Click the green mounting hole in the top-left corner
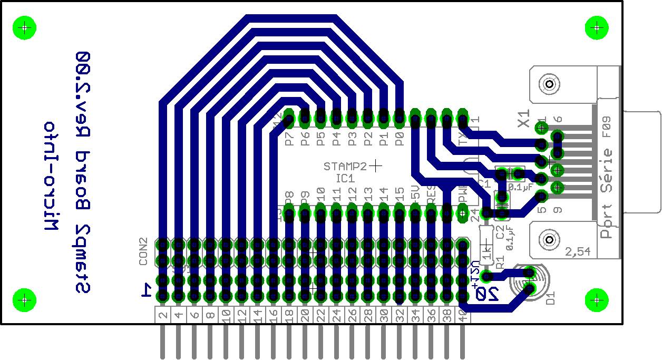point(24,27)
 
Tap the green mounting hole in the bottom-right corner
point(597,300)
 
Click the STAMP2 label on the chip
point(345,166)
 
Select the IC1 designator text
point(345,179)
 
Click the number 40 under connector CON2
point(462,316)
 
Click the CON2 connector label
point(143,251)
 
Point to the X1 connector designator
point(523,119)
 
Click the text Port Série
point(608,193)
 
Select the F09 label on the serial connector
point(607,130)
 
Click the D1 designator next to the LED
point(551,298)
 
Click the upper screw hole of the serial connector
point(549,84)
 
